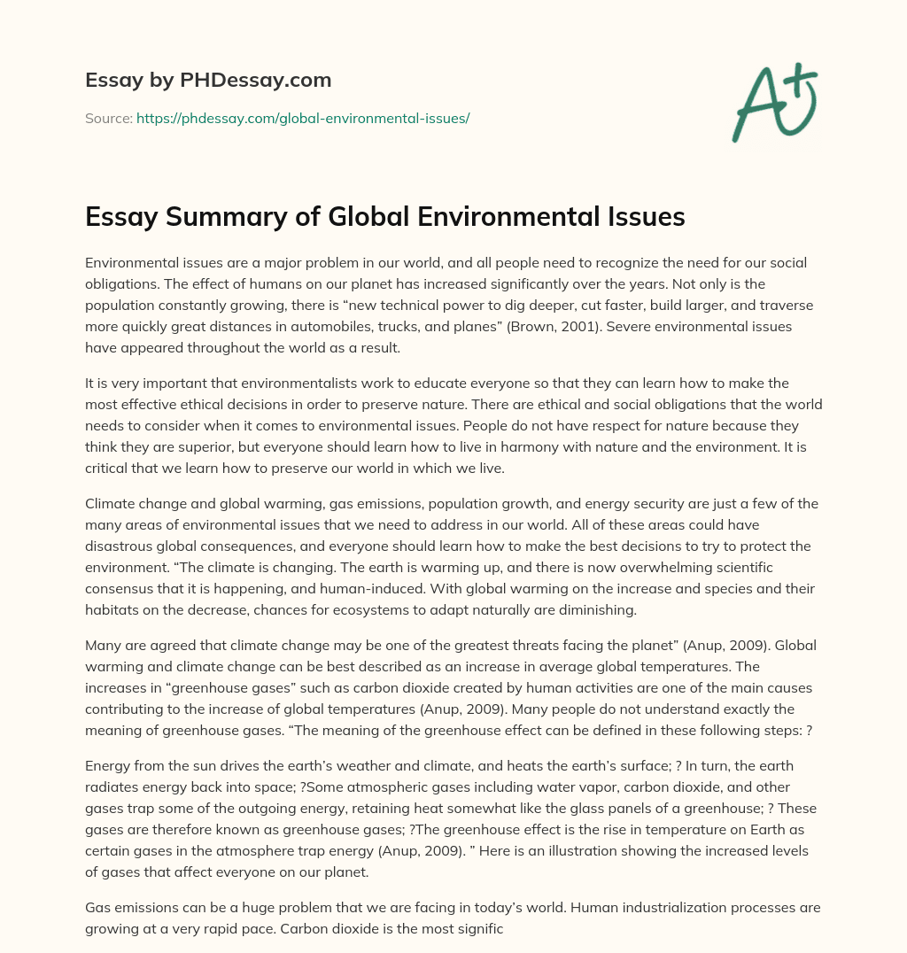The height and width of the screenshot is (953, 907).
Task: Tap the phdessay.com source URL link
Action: click(x=302, y=118)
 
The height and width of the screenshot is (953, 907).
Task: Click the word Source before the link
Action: click(x=108, y=118)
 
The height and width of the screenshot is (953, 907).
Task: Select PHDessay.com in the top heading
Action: click(x=257, y=80)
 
